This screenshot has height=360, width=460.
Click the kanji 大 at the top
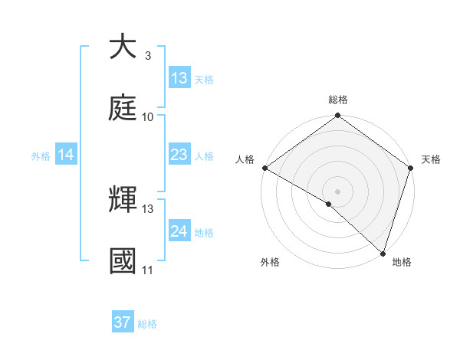pos(123,47)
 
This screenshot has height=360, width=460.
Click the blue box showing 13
pos(179,78)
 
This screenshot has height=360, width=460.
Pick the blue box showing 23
pos(179,155)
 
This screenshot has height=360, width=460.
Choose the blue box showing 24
pos(179,231)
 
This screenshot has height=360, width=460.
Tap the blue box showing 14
pos(66,155)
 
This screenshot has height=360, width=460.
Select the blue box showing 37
pos(123,322)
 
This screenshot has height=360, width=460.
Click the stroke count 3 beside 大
pos(147,56)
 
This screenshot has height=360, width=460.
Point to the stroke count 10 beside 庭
pos(148,116)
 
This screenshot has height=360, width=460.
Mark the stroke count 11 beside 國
pos(147,270)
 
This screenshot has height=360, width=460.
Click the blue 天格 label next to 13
pos(204,79)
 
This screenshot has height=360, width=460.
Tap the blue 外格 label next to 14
pos(41,155)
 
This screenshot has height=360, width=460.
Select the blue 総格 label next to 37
pos(147,323)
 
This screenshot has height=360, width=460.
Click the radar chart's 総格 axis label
pos(338,100)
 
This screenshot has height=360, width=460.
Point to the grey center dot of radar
pos(338,191)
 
